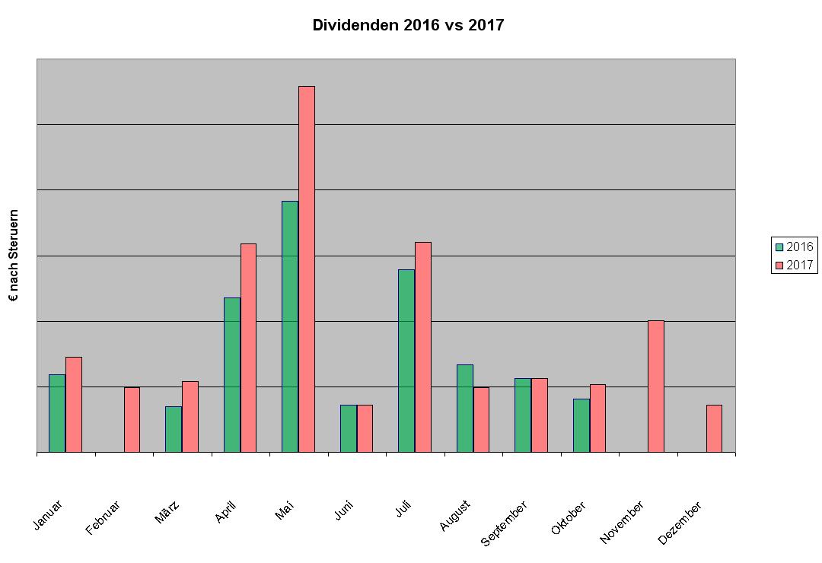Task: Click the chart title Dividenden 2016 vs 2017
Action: pos(408,25)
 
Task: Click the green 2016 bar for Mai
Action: pos(290,326)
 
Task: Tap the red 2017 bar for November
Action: pos(655,386)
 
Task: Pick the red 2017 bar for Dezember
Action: pos(714,428)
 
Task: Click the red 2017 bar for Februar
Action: pos(132,419)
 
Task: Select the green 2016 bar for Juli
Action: pos(406,361)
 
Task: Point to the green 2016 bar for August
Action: pos(464,408)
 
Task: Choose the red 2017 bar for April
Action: pos(248,348)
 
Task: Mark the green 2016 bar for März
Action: pos(174,429)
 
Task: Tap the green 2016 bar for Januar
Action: pos(57,413)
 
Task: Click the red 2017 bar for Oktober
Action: pos(597,418)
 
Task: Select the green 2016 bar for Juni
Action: pos(348,428)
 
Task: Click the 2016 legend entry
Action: pos(794,247)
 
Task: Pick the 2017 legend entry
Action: pos(794,265)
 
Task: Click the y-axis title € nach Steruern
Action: pos(13,256)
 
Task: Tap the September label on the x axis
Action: pos(503,523)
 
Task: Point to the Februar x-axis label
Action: pos(104,517)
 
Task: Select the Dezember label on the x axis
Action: pos(679,523)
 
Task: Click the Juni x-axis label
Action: pos(343,511)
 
